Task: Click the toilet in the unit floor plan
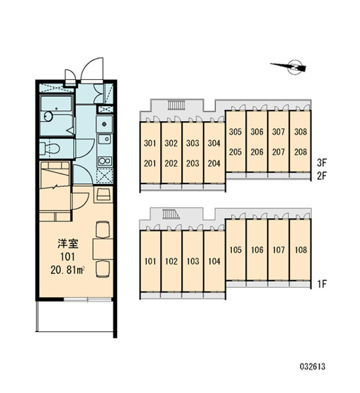click(x=50, y=148)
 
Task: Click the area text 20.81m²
click(x=67, y=270)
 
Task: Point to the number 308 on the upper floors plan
click(x=300, y=132)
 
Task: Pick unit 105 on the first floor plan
click(x=235, y=250)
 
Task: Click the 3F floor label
click(x=322, y=163)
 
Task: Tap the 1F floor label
click(x=322, y=284)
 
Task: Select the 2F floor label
click(x=322, y=176)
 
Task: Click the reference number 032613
click(x=313, y=367)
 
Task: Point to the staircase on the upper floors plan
click(x=176, y=105)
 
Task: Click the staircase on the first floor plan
click(x=171, y=215)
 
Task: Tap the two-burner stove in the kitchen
click(x=105, y=161)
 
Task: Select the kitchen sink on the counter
click(x=105, y=139)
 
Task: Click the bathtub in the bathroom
click(x=57, y=105)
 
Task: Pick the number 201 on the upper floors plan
click(x=150, y=164)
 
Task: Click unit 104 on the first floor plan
click(x=214, y=261)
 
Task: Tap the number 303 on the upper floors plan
click(x=193, y=143)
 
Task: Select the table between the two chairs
click(x=103, y=249)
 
